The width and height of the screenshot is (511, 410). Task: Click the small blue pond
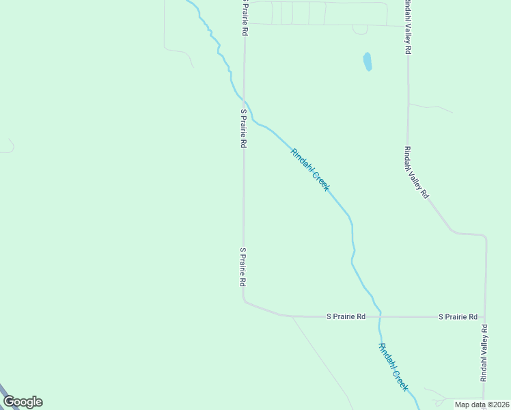(x=368, y=61)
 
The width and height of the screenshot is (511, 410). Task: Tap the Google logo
(x=23, y=402)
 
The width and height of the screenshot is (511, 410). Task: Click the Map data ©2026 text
(x=482, y=405)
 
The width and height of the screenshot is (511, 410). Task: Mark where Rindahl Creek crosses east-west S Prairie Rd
(x=380, y=316)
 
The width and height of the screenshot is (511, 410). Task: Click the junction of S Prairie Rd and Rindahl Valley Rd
(x=485, y=317)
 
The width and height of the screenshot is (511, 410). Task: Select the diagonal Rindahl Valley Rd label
(x=416, y=172)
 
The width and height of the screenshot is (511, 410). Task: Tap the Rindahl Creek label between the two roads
(x=310, y=169)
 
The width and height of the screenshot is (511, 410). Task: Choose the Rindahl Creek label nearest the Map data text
(x=393, y=366)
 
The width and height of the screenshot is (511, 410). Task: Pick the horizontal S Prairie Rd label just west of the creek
(x=346, y=317)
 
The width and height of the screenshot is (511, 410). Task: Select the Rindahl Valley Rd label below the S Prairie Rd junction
(x=484, y=352)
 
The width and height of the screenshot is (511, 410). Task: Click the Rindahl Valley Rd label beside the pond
(x=407, y=27)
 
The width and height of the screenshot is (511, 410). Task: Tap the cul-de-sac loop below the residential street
(x=360, y=30)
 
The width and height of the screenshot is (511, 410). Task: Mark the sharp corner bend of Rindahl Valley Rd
(x=484, y=237)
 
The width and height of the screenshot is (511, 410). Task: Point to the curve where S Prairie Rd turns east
(x=246, y=301)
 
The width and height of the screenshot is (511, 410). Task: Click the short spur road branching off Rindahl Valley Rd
(x=430, y=107)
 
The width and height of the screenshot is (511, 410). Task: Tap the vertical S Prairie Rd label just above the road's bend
(x=243, y=266)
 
